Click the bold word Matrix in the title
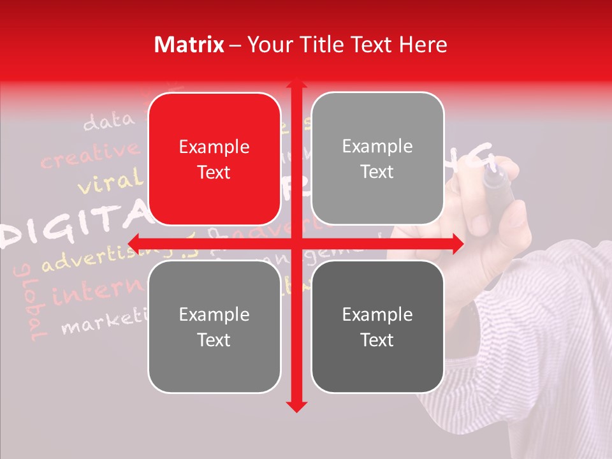point(189,45)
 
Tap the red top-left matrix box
point(214,159)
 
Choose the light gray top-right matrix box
point(377,159)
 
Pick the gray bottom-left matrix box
point(214,327)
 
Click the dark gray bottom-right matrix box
point(377,327)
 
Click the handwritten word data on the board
point(109,120)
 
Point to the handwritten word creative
point(89,155)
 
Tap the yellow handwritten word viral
point(110,182)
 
